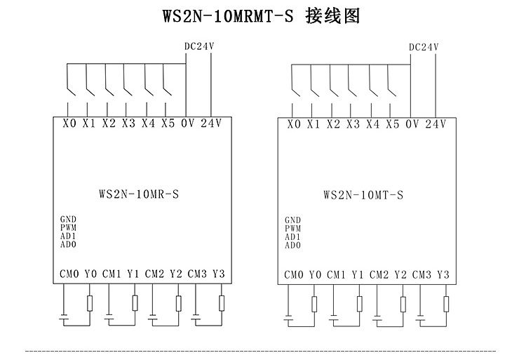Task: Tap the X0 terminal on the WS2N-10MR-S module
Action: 69,124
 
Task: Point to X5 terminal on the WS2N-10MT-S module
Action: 392,124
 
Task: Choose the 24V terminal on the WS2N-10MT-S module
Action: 435,124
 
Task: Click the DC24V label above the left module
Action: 198,47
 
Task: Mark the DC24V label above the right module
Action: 423,47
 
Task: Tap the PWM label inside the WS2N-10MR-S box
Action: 68,228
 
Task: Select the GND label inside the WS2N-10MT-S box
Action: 292,220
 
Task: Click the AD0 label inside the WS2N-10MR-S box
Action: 68,244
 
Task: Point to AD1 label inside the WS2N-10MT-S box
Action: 292,236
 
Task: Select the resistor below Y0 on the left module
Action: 90,303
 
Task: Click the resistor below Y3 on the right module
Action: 445,303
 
